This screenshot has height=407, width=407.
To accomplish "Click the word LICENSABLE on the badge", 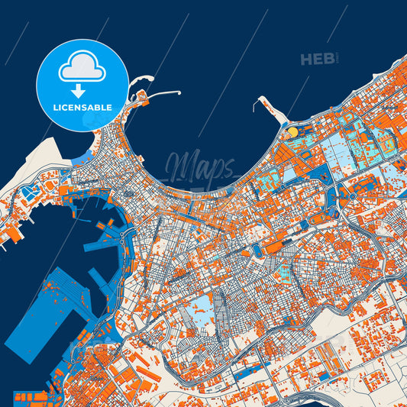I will tap(81, 108).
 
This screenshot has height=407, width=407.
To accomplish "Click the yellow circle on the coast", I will tap(292, 132).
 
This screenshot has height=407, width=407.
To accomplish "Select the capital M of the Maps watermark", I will tap(178, 164).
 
